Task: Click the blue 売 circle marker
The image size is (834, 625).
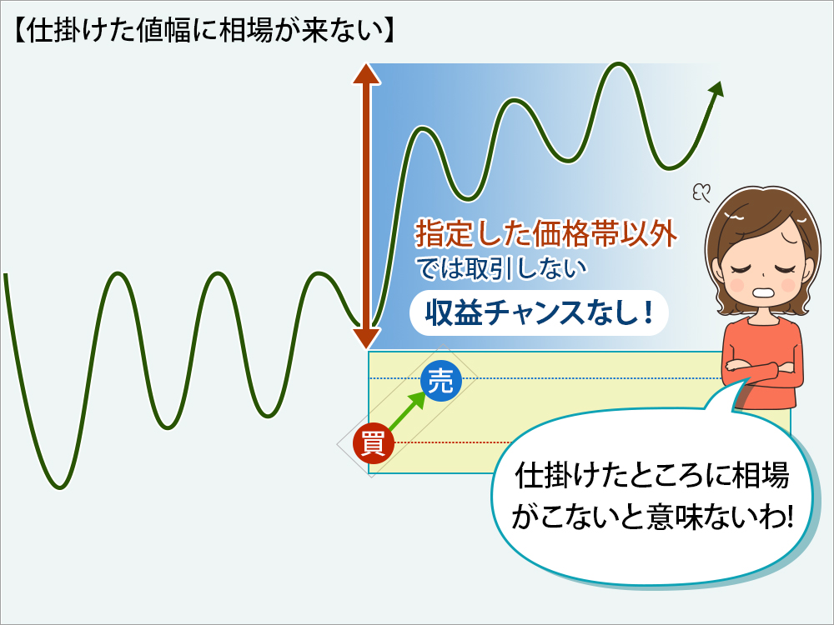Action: coord(440,381)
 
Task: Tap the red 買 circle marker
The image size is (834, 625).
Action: coord(374,442)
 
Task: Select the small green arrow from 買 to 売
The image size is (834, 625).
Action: coord(408,411)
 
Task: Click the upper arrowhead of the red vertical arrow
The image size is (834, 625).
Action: coord(367,73)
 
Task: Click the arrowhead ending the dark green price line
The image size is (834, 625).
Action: coord(717,89)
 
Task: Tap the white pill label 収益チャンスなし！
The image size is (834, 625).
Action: coord(539,312)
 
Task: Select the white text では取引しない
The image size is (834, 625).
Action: coord(501,269)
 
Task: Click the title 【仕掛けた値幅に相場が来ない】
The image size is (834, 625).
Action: coord(203,31)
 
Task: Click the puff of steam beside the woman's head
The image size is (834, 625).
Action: coord(701,192)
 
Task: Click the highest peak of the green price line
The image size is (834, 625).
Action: coord(619,64)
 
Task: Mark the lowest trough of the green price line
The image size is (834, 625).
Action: coord(59,487)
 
